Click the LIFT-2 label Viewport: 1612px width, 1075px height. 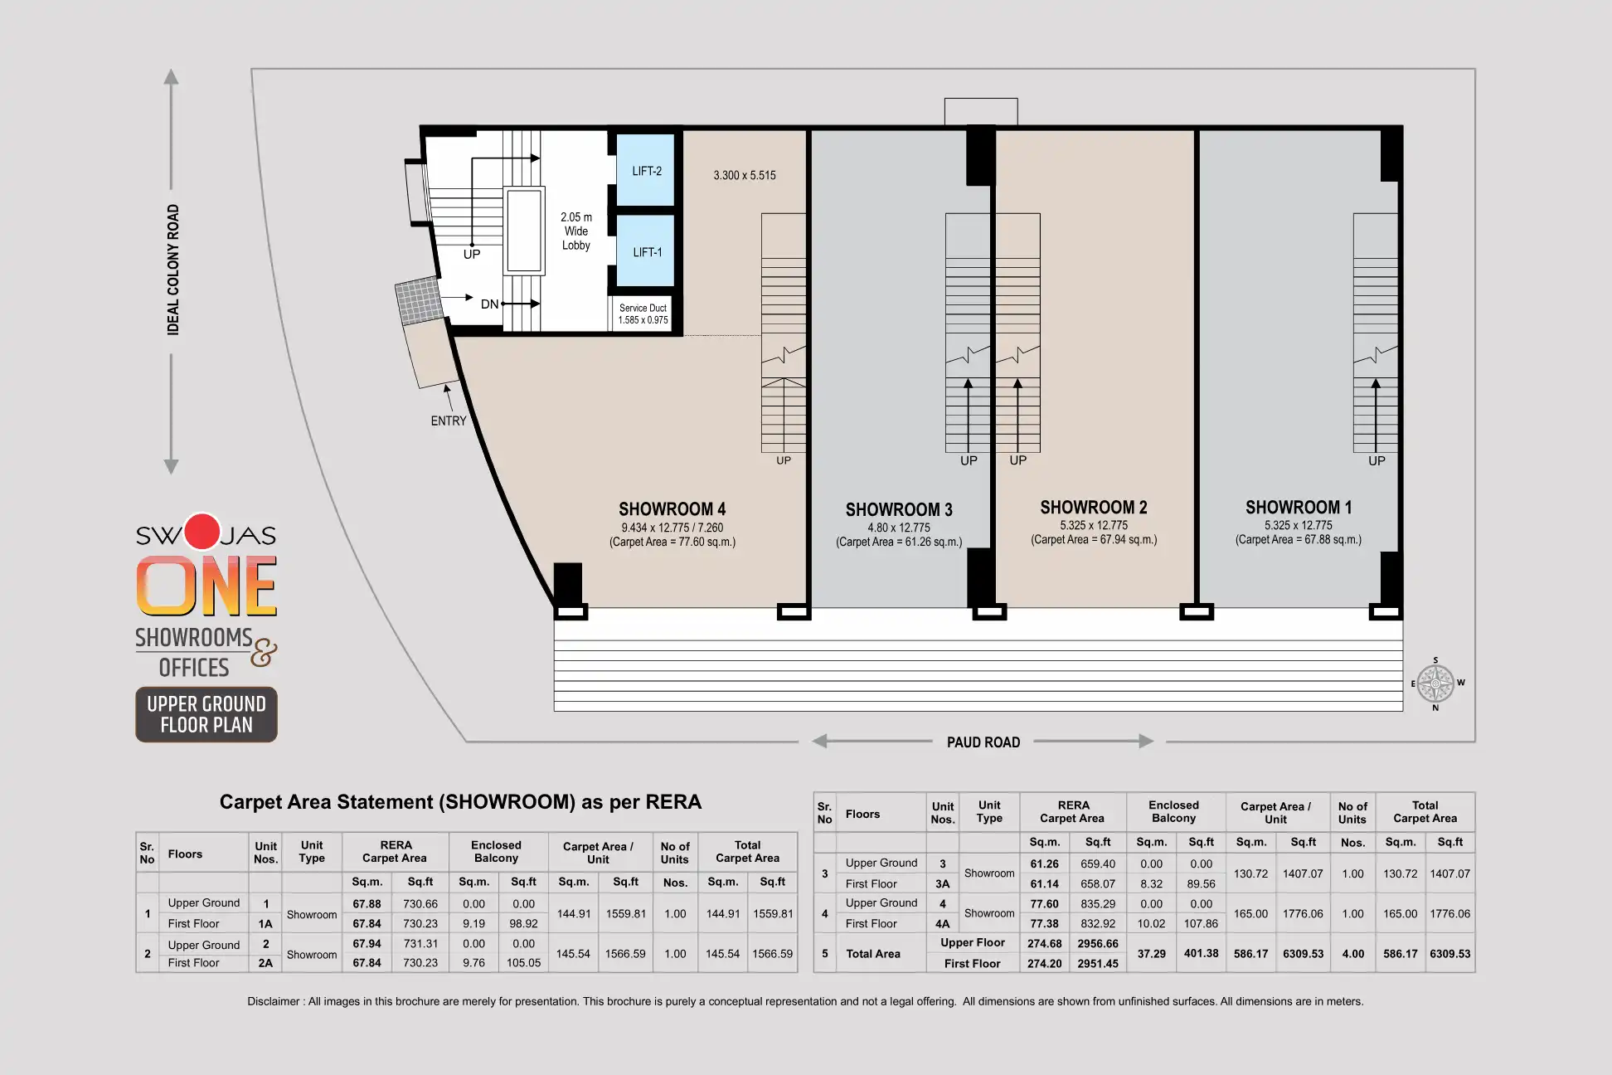pyautogui.click(x=647, y=172)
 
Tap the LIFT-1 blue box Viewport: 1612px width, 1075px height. pyautogui.click(x=645, y=251)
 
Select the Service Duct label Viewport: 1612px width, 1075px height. pyautogui.click(x=643, y=308)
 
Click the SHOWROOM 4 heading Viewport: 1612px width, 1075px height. pyautogui.click(x=672, y=509)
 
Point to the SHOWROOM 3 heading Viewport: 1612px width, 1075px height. pyautogui.click(x=899, y=509)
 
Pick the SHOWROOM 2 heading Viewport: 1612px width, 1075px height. pyautogui.click(x=1094, y=507)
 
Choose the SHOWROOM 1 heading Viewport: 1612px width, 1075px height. pyautogui.click(x=1299, y=507)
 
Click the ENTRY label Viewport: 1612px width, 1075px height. pyautogui.click(x=449, y=421)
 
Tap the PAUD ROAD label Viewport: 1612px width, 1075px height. pyautogui.click(x=983, y=742)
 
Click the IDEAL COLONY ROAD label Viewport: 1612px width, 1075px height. pyautogui.click(x=172, y=270)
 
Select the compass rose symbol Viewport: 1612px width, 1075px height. pyautogui.click(x=1435, y=684)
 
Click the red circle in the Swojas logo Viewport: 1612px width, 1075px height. pyautogui.click(x=201, y=532)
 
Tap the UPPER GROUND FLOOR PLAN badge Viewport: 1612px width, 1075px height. pyautogui.click(x=206, y=714)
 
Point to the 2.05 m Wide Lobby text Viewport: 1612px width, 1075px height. pyautogui.click(x=576, y=231)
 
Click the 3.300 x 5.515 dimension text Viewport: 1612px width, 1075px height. pyautogui.click(x=745, y=175)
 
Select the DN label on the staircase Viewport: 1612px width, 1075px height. pyautogui.click(x=489, y=304)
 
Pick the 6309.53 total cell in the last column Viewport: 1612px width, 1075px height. pyautogui.click(x=1449, y=954)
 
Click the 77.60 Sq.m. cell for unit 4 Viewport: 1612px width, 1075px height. pyautogui.click(x=1044, y=903)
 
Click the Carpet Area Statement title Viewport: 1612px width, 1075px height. pyautogui.click(x=460, y=802)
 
